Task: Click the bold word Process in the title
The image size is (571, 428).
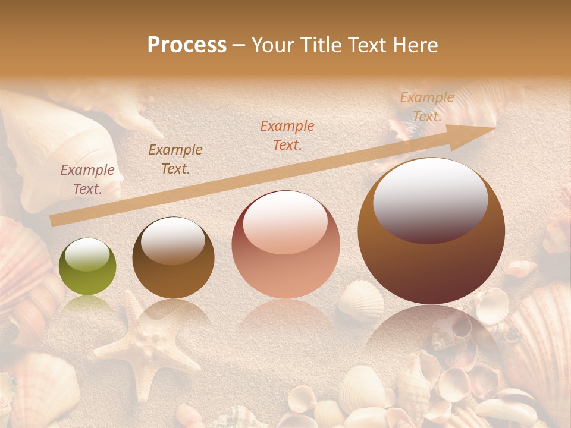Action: [x=187, y=45]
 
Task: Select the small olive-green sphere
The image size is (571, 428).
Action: [x=87, y=267]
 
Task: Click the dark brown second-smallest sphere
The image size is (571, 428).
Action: [x=173, y=257]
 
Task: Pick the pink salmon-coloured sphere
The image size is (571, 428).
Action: [x=285, y=244]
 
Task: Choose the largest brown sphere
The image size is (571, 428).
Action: [x=431, y=231]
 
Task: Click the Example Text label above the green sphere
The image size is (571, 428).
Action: [x=87, y=180]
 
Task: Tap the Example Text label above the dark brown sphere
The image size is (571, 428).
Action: [x=175, y=159]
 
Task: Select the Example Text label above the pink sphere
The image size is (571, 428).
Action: [x=287, y=136]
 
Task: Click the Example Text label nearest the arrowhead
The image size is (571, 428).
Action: [x=426, y=107]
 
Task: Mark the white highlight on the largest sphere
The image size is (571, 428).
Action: [x=430, y=199]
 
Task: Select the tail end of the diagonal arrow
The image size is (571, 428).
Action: [x=54, y=221]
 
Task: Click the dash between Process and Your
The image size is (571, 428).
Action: [x=239, y=46]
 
